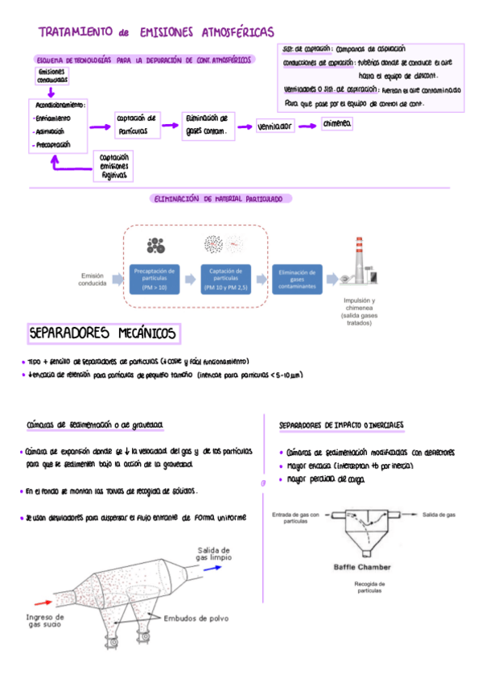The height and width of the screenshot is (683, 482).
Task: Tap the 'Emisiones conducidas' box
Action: tap(52, 77)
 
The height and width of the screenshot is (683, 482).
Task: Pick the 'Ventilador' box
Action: tap(275, 126)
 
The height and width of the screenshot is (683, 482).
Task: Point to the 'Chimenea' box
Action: tap(336, 124)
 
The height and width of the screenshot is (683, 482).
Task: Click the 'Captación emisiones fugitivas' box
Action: tap(113, 166)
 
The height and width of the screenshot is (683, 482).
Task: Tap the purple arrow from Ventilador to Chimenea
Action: tap(308, 126)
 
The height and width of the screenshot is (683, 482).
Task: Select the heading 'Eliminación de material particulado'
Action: tap(221, 198)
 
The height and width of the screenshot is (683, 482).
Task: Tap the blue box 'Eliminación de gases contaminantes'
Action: tap(297, 279)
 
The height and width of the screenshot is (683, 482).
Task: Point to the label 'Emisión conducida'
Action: tap(93, 279)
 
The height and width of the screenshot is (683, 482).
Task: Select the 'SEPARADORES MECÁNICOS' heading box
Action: tap(105, 333)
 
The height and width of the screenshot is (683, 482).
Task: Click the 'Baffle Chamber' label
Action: tap(361, 566)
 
